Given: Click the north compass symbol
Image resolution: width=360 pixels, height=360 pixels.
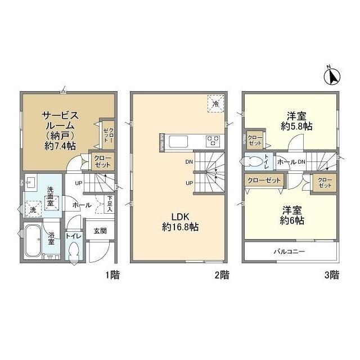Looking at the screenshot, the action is [x=332, y=76].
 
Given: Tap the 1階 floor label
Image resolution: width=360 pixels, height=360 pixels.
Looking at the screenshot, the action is [x=112, y=275].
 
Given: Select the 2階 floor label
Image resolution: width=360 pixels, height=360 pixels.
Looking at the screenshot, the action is [x=222, y=275].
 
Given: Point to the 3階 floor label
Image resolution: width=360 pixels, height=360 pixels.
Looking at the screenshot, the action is [x=331, y=275].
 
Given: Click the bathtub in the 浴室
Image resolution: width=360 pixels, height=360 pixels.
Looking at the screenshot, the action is [x=33, y=241].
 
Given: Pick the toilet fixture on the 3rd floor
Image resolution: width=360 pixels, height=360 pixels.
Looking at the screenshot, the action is [x=252, y=161].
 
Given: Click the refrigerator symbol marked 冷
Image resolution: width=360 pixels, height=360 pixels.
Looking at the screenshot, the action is [x=215, y=103].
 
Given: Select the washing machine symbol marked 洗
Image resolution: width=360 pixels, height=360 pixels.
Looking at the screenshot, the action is [x=33, y=209].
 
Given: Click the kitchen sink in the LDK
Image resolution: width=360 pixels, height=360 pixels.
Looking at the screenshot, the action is [x=178, y=141].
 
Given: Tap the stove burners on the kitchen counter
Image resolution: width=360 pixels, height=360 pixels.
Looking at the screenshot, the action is [x=213, y=141].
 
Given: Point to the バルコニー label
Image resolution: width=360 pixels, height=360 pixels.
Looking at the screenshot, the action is [x=289, y=251].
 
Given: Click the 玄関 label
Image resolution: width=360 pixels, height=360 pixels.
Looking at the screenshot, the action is [x=100, y=231].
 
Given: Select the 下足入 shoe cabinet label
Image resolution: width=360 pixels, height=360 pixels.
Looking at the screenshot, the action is [x=110, y=204].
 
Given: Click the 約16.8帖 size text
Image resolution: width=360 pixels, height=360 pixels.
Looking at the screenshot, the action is [x=181, y=227].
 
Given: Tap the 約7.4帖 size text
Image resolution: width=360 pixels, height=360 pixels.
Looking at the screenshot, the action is [x=60, y=146].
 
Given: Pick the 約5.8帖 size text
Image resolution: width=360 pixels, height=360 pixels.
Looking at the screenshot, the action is [x=296, y=126].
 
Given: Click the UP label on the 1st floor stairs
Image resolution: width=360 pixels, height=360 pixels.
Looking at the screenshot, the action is [x=79, y=183].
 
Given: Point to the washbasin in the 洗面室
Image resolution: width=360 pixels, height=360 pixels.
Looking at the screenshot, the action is [x=30, y=183].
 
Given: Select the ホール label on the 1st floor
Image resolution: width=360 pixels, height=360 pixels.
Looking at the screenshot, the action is [x=82, y=205].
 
